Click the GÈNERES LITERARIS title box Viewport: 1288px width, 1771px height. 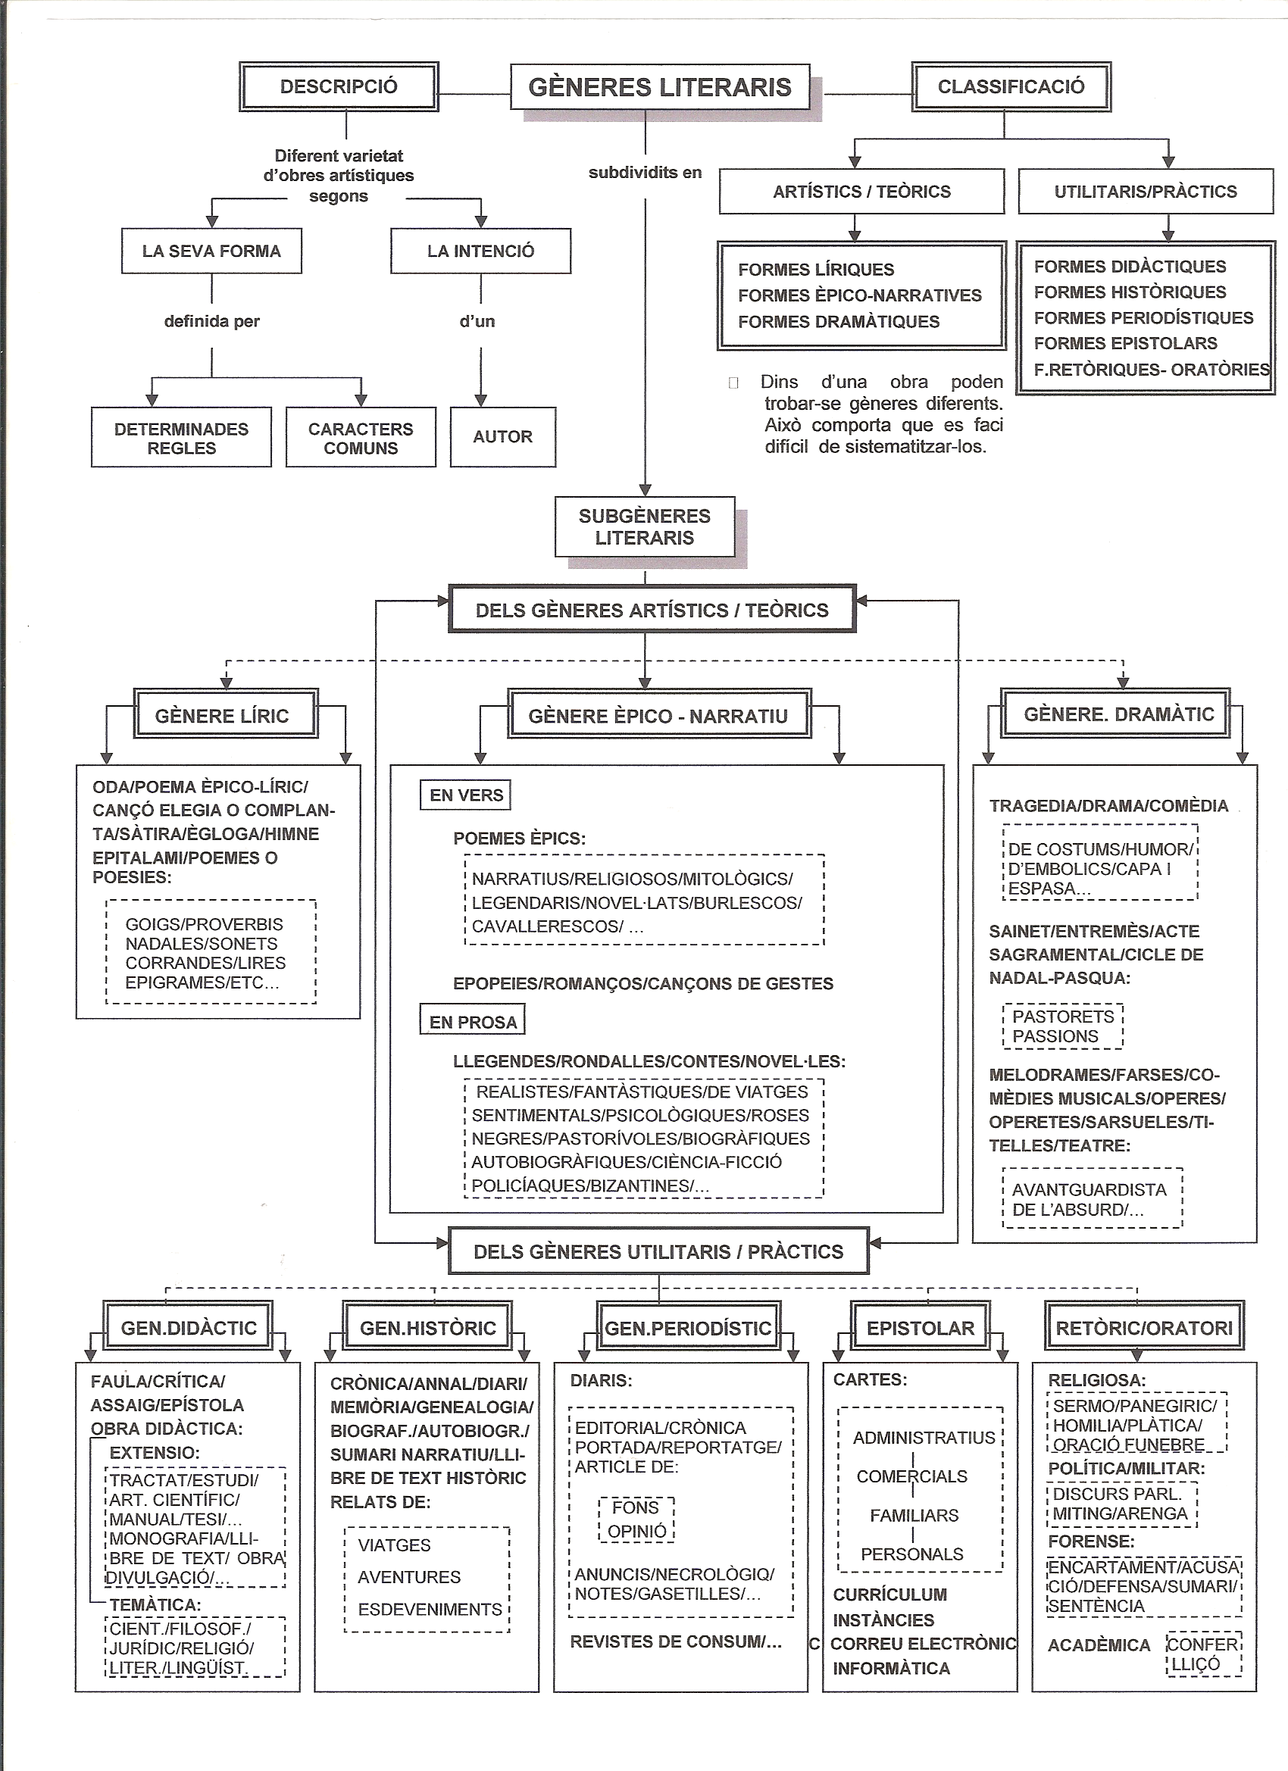[660, 86]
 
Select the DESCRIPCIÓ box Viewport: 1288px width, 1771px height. [339, 86]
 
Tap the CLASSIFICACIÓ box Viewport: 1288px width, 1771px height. [1011, 86]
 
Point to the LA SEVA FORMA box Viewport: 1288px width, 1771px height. [211, 251]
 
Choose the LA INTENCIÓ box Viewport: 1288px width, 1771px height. [481, 251]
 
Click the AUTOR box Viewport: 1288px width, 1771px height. [503, 436]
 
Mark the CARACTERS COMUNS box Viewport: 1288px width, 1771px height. [361, 437]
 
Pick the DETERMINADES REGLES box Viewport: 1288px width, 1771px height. [181, 437]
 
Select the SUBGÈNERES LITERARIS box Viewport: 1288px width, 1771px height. [646, 526]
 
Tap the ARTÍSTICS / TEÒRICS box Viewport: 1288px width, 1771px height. [861, 192]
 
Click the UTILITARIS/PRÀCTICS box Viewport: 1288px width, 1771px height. [1146, 192]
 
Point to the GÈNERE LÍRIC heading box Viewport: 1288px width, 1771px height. [226, 714]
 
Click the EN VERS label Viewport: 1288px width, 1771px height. [466, 795]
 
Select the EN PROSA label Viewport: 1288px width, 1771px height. [473, 1022]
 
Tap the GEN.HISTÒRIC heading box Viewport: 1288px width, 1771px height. [428, 1327]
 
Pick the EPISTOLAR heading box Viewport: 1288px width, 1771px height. [920, 1327]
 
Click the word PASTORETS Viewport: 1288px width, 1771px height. [1063, 1017]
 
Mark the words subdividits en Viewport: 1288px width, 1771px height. [646, 173]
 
